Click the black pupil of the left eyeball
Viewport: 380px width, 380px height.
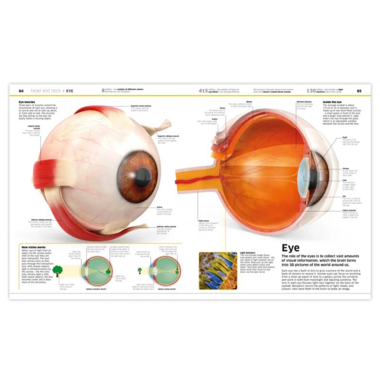pos(142,177)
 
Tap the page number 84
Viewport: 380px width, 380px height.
pos(21,90)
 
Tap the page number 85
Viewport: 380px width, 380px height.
pos(359,90)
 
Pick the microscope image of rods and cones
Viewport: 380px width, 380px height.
pos(218,270)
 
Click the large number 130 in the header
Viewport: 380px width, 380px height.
pos(312,90)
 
